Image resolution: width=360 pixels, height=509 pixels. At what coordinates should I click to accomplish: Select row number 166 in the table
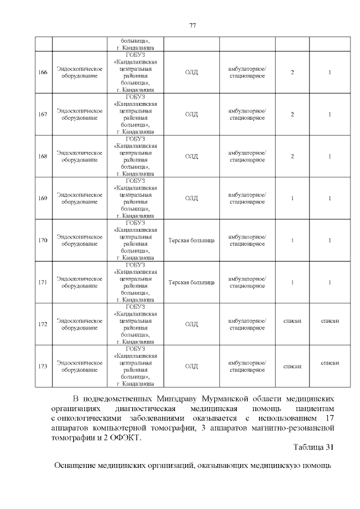43,73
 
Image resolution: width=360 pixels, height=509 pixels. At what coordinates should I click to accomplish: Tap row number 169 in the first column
43,198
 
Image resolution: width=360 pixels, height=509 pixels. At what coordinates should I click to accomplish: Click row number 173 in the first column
43,366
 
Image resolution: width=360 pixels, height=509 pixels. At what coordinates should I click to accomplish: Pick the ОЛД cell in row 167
191,114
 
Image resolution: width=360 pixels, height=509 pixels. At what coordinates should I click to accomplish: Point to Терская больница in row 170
191,240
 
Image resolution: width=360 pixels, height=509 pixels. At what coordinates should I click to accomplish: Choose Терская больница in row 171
191,282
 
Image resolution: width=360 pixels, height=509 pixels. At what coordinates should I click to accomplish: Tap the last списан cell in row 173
330,363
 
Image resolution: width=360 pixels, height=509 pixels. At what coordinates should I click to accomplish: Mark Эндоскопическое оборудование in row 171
79,282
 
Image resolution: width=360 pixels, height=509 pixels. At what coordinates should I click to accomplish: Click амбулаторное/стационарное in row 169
247,198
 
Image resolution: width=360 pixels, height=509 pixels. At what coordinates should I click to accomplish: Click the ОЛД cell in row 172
191,324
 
